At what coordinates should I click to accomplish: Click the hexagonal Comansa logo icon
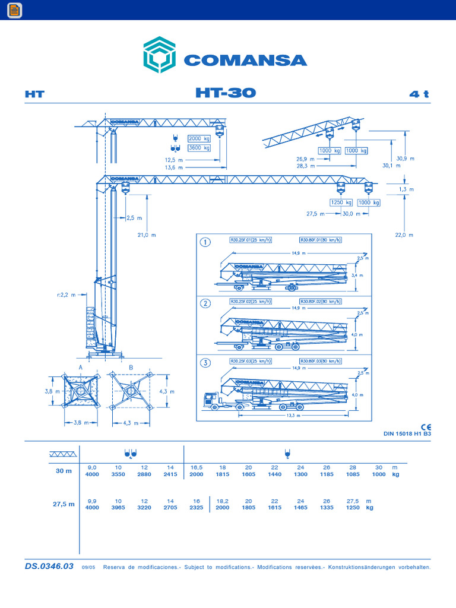[x=159, y=55]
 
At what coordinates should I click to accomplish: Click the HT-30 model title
[x=226, y=93]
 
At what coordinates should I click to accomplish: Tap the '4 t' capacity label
[x=419, y=94]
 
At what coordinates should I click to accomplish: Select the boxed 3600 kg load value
[x=199, y=148]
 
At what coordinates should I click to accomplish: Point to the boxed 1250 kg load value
[x=341, y=202]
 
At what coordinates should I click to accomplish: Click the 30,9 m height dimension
[x=405, y=159]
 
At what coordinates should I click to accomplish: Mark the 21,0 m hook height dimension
[x=146, y=235]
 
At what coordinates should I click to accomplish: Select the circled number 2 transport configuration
[x=205, y=303]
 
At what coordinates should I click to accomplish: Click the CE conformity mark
[x=426, y=427]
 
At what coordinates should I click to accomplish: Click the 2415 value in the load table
[x=170, y=474]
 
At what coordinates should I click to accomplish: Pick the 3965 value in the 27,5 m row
[x=118, y=508]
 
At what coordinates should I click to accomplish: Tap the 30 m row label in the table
[x=64, y=471]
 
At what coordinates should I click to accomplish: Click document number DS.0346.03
[x=49, y=566]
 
